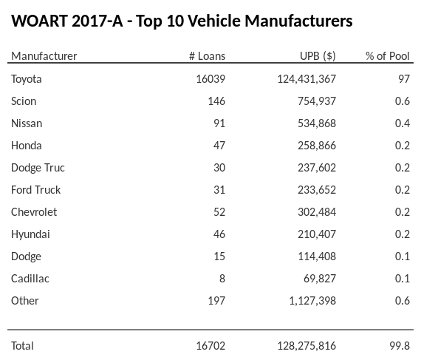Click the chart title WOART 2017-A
tap(182, 21)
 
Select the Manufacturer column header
tap(44, 56)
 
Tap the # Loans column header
tap(207, 56)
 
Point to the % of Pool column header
tap(388, 56)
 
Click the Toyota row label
tap(27, 79)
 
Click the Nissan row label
tap(27, 123)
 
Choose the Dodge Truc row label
tap(38, 168)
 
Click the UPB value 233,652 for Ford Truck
tap(315, 190)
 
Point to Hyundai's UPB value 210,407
tap(315, 234)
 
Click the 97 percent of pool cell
tap(403, 79)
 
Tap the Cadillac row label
tap(30, 279)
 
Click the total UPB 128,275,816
tap(304, 346)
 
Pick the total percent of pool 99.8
tap(400, 346)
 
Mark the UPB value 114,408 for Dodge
tap(315, 257)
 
